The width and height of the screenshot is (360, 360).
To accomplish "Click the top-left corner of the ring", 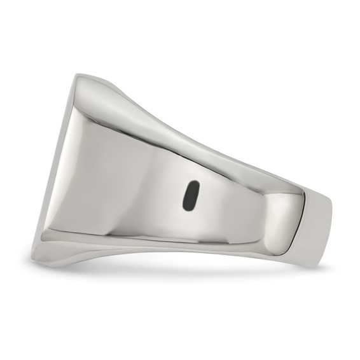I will (x=77, y=76).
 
